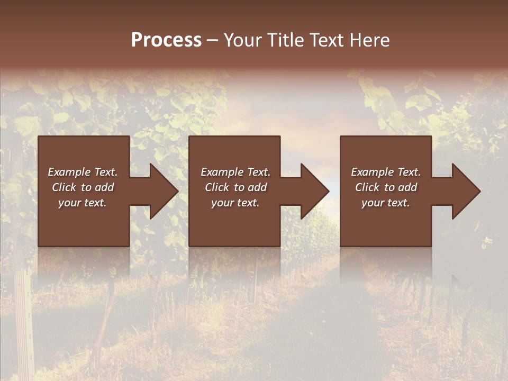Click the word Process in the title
[166, 40]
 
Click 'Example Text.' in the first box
[83, 172]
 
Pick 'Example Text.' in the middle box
[235, 172]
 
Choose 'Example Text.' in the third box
[386, 172]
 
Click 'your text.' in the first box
[83, 203]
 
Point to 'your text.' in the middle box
[235, 203]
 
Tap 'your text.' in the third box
[386, 203]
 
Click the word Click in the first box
[64, 187]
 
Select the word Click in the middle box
[217, 187]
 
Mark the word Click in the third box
[367, 187]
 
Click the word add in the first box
[105, 187]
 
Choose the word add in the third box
[408, 187]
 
